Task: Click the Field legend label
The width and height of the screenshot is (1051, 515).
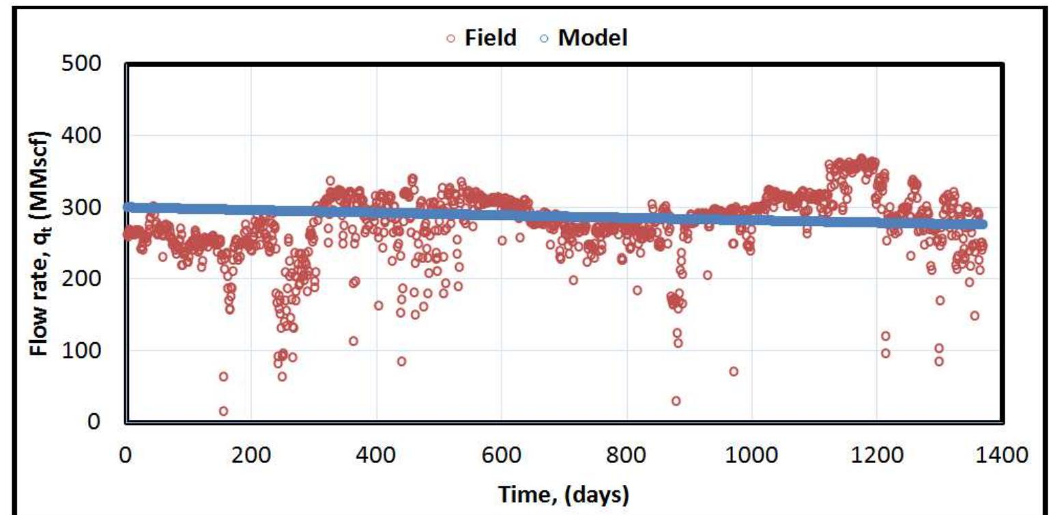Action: coord(490,38)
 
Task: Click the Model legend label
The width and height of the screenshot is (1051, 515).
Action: coord(592,38)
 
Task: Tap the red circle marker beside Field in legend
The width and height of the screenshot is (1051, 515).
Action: coord(450,39)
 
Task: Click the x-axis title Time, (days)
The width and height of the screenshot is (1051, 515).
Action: coord(563,494)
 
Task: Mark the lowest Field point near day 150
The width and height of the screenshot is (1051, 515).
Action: coord(223,411)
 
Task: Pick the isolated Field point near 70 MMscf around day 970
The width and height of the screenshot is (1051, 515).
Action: coord(734,372)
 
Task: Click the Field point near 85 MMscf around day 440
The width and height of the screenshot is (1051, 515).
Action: coord(401,361)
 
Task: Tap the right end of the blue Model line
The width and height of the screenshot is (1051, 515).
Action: coord(982,224)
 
